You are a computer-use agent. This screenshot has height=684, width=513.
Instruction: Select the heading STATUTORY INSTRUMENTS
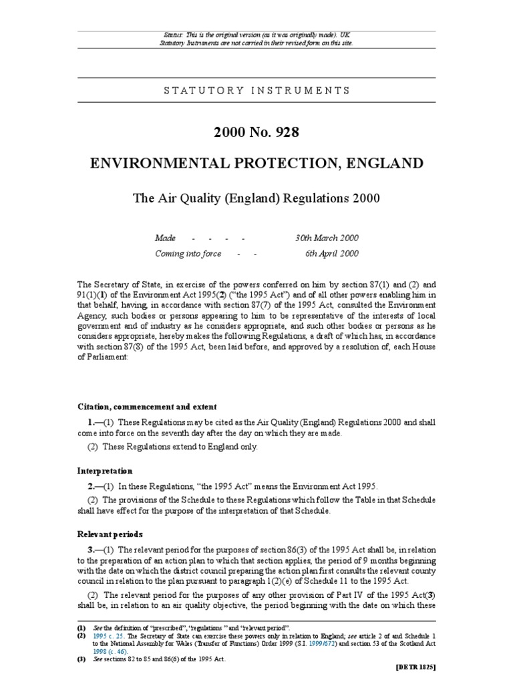pos(256,90)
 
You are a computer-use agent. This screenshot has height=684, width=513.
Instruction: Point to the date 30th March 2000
pos(327,238)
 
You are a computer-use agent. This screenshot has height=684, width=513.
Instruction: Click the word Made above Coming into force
pos(165,238)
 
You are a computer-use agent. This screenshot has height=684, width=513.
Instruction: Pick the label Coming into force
pos(188,254)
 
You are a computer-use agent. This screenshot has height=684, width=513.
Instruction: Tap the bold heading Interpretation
pos(105,471)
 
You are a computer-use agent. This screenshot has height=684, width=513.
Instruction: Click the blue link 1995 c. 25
pos(106,637)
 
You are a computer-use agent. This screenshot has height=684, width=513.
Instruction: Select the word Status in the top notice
pos(174,35)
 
